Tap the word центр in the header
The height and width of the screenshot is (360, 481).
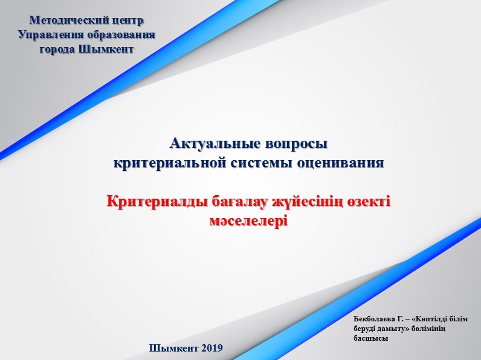click(128, 21)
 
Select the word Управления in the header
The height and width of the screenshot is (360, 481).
click(51, 34)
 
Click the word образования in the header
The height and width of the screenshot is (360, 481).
click(121, 34)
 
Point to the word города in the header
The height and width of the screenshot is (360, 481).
click(57, 49)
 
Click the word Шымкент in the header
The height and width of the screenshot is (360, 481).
click(106, 49)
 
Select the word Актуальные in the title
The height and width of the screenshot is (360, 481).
click(215, 143)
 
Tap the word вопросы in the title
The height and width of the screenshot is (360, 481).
click(296, 144)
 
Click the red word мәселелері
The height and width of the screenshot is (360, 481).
click(249, 221)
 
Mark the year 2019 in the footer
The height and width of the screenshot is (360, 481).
click(212, 348)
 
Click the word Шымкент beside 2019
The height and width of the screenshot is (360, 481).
click(174, 348)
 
